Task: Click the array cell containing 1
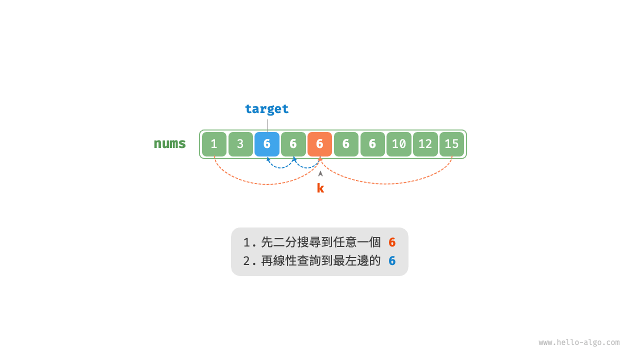tap(214, 144)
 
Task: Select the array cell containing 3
tap(240, 144)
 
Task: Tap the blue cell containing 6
tap(267, 144)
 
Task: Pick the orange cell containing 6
tap(319, 144)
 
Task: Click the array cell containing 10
tap(398, 144)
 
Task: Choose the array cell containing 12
tap(425, 144)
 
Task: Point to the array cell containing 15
tap(451, 144)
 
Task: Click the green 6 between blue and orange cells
tap(293, 144)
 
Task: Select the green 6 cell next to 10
tap(372, 144)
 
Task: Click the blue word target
tap(266, 109)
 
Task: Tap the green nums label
tap(169, 143)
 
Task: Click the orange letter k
tap(320, 188)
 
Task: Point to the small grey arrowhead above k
tap(320, 173)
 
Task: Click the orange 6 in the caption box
tap(392, 242)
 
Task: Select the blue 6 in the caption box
tap(392, 260)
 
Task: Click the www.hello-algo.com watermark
tap(578, 342)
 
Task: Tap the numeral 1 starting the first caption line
tap(246, 242)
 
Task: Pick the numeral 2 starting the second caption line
tap(246, 260)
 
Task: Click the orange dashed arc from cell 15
tap(387, 183)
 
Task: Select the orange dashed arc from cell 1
tap(267, 184)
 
